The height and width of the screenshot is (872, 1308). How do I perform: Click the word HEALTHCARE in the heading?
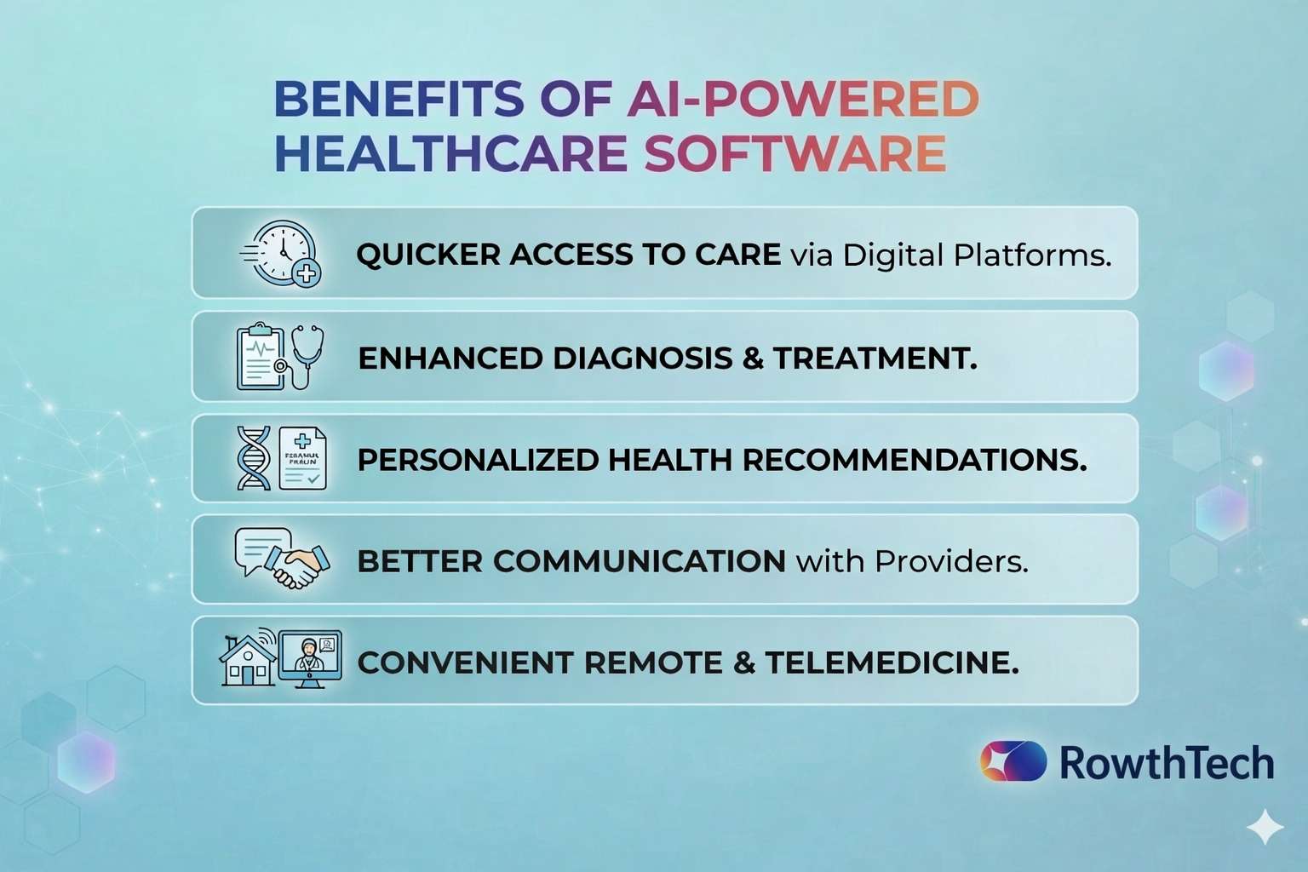(450, 153)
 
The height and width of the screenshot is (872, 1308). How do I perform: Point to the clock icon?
(280, 252)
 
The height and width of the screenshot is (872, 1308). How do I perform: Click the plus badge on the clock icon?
(306, 272)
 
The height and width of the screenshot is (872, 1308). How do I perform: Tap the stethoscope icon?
(305, 356)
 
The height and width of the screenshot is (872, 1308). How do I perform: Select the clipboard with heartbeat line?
(261, 356)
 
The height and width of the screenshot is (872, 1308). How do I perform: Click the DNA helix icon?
(254, 458)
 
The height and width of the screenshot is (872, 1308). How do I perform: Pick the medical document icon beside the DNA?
(303, 458)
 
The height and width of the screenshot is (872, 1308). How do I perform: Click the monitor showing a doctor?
(309, 659)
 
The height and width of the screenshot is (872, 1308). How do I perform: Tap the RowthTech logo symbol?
(1013, 761)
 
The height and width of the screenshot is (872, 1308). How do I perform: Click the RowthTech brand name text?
(1167, 762)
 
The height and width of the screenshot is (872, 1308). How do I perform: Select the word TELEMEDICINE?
(892, 663)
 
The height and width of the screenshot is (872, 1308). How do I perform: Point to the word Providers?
(951, 561)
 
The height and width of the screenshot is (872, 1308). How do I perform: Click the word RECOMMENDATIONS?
(915, 460)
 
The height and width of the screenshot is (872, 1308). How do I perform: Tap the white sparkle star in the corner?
(1265, 827)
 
